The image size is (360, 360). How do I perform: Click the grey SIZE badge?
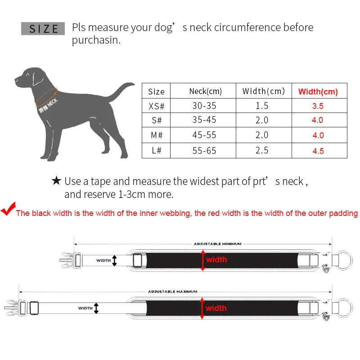tap(43, 28)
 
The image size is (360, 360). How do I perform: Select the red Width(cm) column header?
tap(318, 91)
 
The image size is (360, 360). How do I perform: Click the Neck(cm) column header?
tap(205, 91)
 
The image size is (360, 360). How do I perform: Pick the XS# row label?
tap(156, 106)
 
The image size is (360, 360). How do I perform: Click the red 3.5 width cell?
tap(318, 107)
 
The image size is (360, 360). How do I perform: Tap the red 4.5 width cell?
tap(318, 151)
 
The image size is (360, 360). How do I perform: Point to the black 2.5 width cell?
tap(262, 151)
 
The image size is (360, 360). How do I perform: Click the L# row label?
tap(156, 151)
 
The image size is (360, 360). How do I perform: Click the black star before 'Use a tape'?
tap(56, 181)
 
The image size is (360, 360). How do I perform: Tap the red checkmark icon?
tap(8, 210)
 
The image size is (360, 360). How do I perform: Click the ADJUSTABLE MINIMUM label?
tap(217, 244)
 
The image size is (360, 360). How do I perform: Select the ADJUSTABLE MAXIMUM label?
tap(172, 292)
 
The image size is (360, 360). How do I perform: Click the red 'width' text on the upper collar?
tap(216, 260)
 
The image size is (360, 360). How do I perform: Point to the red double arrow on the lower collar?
tap(202, 308)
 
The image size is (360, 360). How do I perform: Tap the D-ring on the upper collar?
tap(344, 260)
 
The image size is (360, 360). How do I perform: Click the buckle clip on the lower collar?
tap(11, 308)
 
